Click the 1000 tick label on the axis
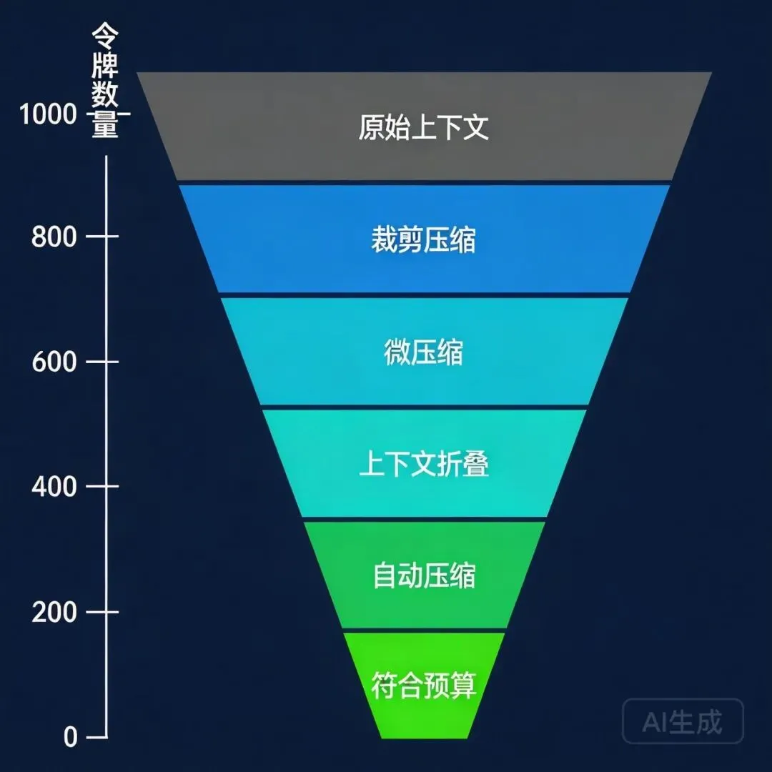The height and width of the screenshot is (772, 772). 48,114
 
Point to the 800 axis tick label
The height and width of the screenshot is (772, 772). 54,237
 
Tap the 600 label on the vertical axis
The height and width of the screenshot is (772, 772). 54,362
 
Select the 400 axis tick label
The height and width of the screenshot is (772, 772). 54,488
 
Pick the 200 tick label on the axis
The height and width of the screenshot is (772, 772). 54,613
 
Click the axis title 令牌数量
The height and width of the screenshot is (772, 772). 105,80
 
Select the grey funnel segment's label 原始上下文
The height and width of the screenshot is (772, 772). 423,128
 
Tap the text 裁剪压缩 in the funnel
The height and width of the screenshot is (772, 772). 423,240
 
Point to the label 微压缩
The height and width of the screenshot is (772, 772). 423,353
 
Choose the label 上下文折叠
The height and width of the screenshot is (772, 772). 423,465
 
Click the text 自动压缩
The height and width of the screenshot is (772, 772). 423,576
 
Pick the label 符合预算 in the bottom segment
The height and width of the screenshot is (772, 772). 423,687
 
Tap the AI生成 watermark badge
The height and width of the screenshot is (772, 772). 683,722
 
